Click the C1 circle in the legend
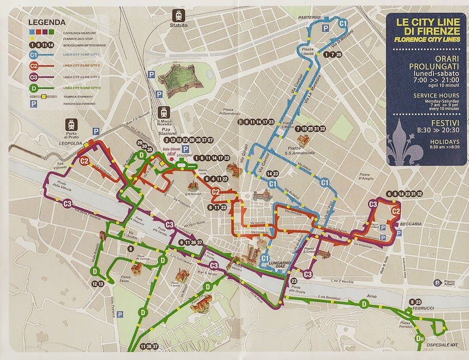pyautogui.click(x=34, y=55)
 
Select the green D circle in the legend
pyautogui.click(x=34, y=88)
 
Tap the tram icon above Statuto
pyautogui.click(x=179, y=14)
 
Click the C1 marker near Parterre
pyautogui.click(x=343, y=23)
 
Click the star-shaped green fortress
pyautogui.click(x=177, y=79)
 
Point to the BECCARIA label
pyautogui.click(x=411, y=223)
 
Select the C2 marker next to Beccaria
pyautogui.click(x=396, y=211)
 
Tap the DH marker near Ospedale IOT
pyautogui.click(x=420, y=338)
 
